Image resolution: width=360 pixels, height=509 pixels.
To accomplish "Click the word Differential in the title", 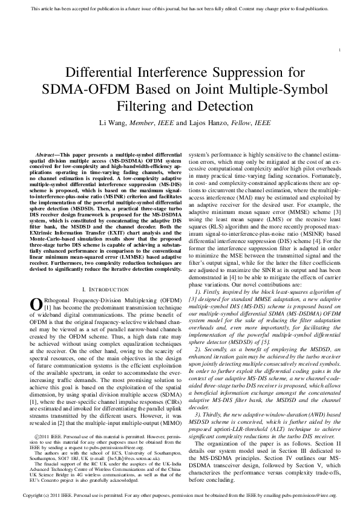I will [100, 74].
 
